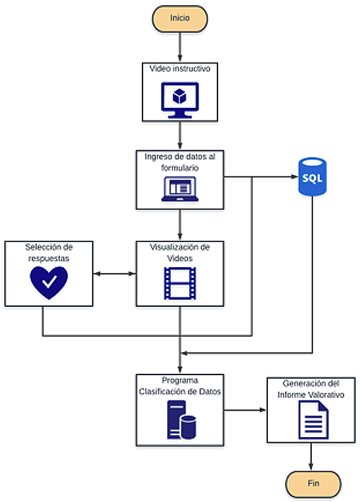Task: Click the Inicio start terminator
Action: (x=180, y=19)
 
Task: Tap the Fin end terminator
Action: (x=313, y=484)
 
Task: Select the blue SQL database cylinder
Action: (x=312, y=176)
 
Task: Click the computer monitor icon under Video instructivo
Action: (x=180, y=100)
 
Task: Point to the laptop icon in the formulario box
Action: (x=180, y=189)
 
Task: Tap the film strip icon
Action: (x=180, y=283)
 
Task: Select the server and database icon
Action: (x=181, y=419)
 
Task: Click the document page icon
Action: (x=314, y=420)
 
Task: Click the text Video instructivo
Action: (x=180, y=69)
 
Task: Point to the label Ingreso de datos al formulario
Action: (x=180, y=162)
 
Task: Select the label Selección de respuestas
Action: (x=49, y=253)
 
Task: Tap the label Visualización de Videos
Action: (x=180, y=253)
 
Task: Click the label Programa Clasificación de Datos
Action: (x=180, y=386)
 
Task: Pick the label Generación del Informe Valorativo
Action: (x=311, y=389)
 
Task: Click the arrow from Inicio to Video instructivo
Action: (x=180, y=47)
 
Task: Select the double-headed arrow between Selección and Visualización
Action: (x=114, y=274)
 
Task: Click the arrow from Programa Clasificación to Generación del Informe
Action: (x=245, y=410)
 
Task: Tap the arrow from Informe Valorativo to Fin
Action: (x=311, y=457)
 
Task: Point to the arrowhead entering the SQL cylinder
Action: (x=294, y=176)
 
